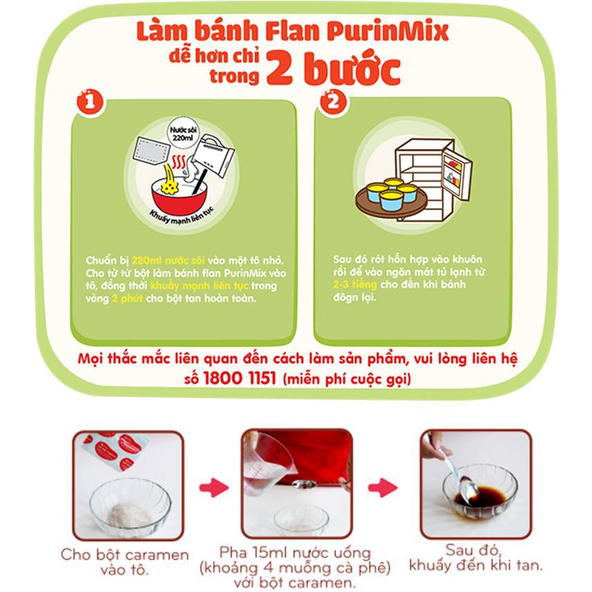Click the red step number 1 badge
[90, 103]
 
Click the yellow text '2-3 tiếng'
[354, 285]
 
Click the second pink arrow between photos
[383, 487]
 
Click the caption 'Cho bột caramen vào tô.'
[125, 561]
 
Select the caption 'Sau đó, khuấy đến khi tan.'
[475, 558]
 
